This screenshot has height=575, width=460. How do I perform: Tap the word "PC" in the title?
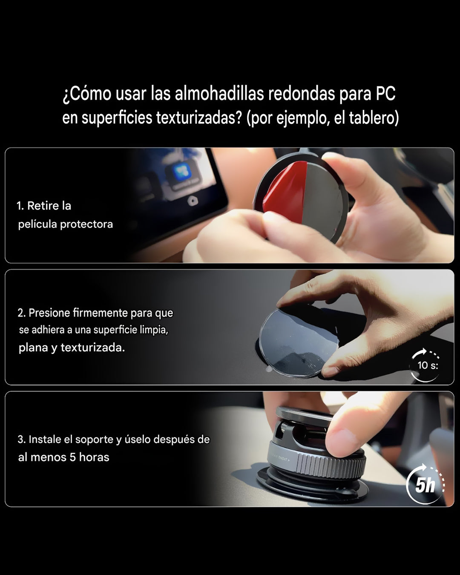(385, 94)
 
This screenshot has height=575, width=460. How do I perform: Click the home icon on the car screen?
(193, 201)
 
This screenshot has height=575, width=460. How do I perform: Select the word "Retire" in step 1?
(43, 206)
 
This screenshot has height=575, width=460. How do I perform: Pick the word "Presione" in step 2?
(49, 313)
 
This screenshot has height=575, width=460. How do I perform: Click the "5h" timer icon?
(425, 485)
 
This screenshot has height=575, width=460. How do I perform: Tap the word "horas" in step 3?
(94, 457)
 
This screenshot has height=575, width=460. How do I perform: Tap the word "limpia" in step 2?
(154, 330)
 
